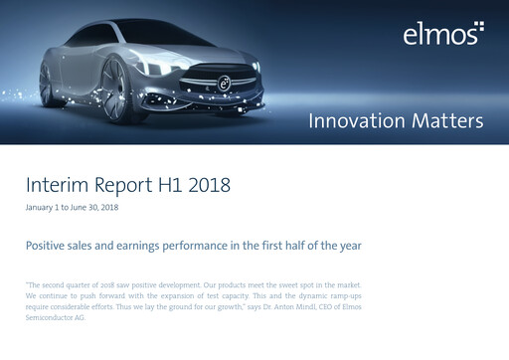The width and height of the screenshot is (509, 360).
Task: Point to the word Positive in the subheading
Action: tap(49, 244)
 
